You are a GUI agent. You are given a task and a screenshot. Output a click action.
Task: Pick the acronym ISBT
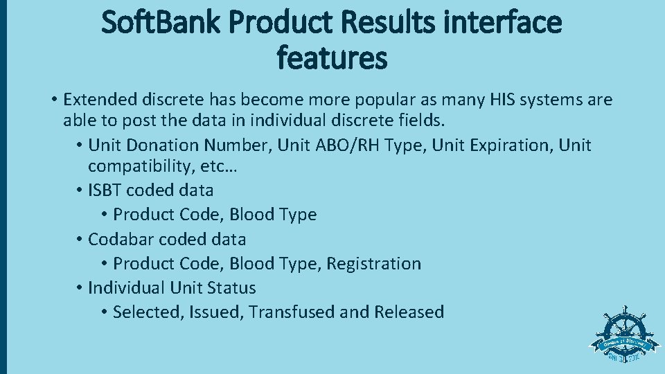click(x=106, y=190)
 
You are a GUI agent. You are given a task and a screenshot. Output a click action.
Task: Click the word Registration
click(x=374, y=264)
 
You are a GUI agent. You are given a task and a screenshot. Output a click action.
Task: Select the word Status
click(x=231, y=288)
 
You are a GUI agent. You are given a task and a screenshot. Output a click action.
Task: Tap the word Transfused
click(x=292, y=312)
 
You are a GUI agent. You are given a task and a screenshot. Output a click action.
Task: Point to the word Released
click(x=409, y=312)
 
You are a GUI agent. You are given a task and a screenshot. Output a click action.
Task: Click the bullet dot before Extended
click(x=53, y=100)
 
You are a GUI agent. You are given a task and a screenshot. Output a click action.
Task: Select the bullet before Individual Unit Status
click(x=80, y=288)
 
